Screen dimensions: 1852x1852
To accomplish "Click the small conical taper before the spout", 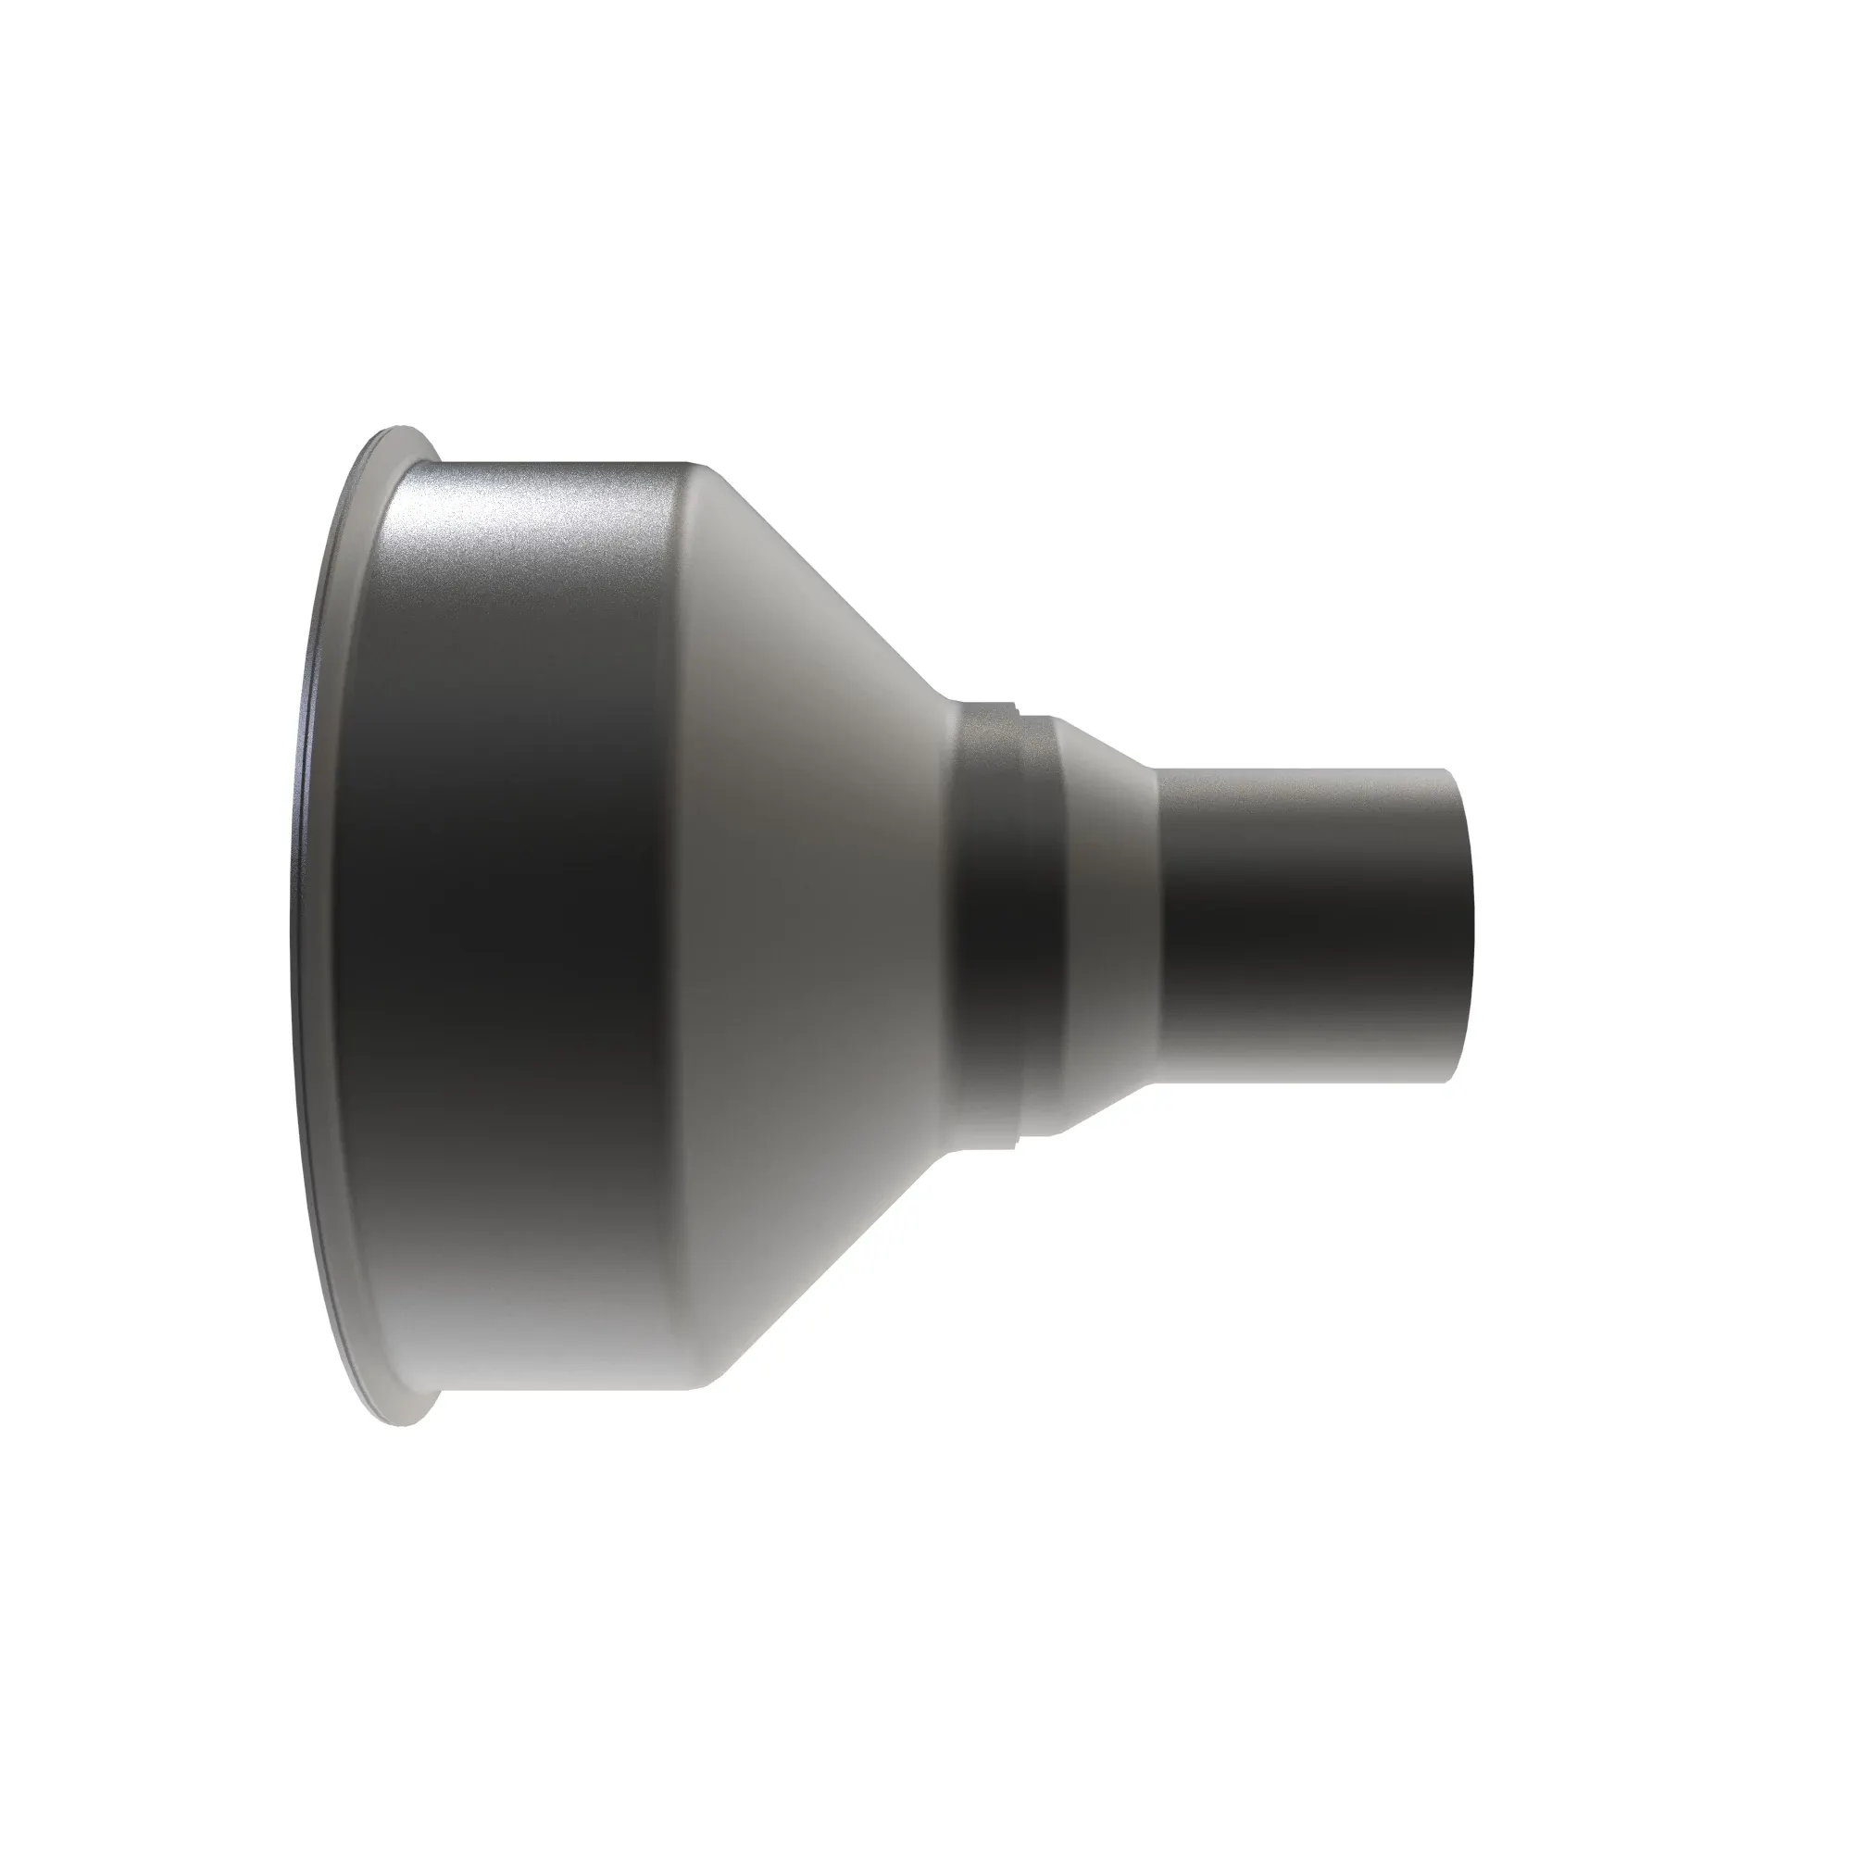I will [1112, 925].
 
